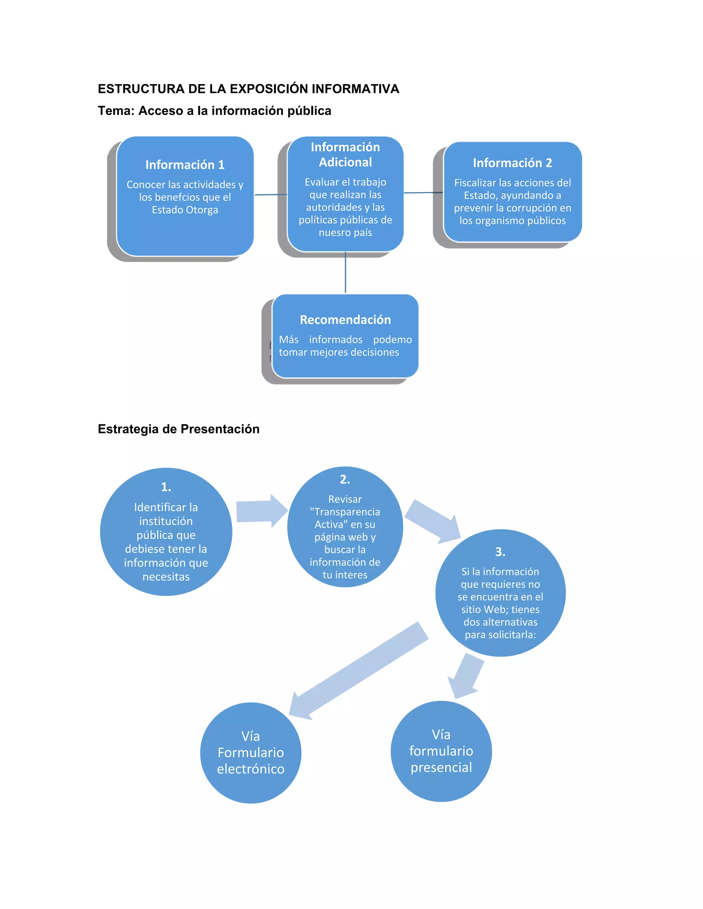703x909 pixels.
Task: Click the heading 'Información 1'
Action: pos(185,165)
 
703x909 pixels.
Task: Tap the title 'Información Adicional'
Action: pos(345,154)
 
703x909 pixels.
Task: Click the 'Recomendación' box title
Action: pos(345,320)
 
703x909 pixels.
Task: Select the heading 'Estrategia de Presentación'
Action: pos(178,429)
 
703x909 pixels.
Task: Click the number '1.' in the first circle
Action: pos(166,486)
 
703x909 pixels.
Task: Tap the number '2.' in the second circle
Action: pos(345,480)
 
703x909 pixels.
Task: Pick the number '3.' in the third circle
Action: pos(500,552)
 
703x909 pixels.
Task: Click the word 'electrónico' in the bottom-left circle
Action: pos(251,769)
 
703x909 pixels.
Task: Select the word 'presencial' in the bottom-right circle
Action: pos(441,767)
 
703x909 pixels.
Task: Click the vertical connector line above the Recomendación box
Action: pos(345,273)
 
